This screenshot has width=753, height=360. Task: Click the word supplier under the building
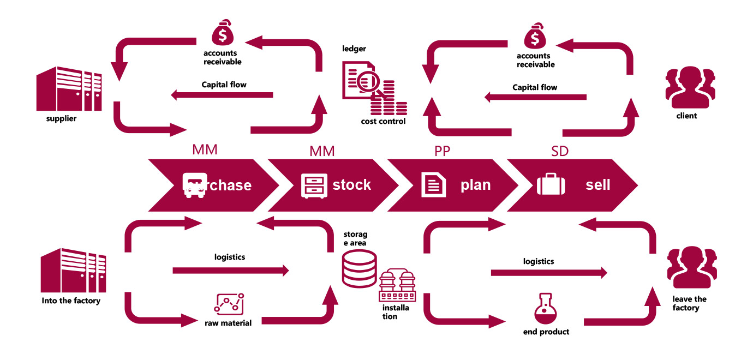61,118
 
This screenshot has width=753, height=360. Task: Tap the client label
686,116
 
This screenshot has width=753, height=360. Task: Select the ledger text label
354,49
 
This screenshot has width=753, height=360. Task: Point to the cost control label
383,121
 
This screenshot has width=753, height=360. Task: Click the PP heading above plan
443,151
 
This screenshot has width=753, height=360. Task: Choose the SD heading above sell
560,151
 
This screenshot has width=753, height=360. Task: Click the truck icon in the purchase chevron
194,185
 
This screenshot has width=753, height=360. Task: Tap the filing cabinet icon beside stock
314,185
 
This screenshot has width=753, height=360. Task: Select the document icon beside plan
434,185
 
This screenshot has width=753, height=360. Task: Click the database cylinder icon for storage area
359,268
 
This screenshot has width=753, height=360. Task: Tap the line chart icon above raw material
229,303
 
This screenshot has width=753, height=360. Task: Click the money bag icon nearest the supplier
222,34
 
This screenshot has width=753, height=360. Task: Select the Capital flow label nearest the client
535,87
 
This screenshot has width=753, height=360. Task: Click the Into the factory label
71,301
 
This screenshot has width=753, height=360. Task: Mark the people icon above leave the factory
691,267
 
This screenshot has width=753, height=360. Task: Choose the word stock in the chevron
351,185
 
